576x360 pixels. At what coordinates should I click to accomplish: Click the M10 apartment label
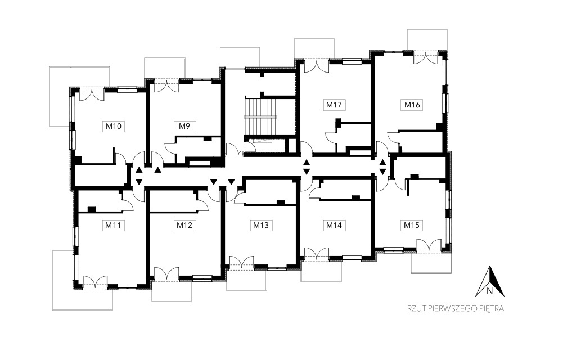coord(114,127)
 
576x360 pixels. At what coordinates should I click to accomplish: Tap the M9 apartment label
coord(184,127)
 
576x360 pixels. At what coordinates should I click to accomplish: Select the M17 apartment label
coord(334,105)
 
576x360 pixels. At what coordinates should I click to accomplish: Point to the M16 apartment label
coord(412,105)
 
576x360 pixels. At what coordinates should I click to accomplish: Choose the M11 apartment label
coord(113,225)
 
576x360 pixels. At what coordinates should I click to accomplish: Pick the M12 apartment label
coord(184,225)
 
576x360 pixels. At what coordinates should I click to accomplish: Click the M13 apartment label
coord(261,225)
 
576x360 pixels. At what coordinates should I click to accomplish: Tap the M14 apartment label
coord(334,225)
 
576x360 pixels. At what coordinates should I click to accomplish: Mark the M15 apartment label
coord(412,225)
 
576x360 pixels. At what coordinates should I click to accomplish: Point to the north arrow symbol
coord(490,281)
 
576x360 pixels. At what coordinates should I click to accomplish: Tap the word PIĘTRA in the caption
coord(492,308)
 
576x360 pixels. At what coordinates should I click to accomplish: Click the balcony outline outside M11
coord(83,280)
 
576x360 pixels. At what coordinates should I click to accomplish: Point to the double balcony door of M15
coord(429,245)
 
